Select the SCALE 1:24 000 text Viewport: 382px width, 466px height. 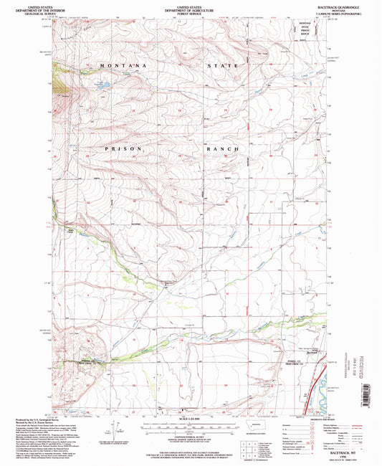(x=190, y=418)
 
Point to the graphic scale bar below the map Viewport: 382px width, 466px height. (x=190, y=427)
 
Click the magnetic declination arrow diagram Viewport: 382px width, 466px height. (x=108, y=429)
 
